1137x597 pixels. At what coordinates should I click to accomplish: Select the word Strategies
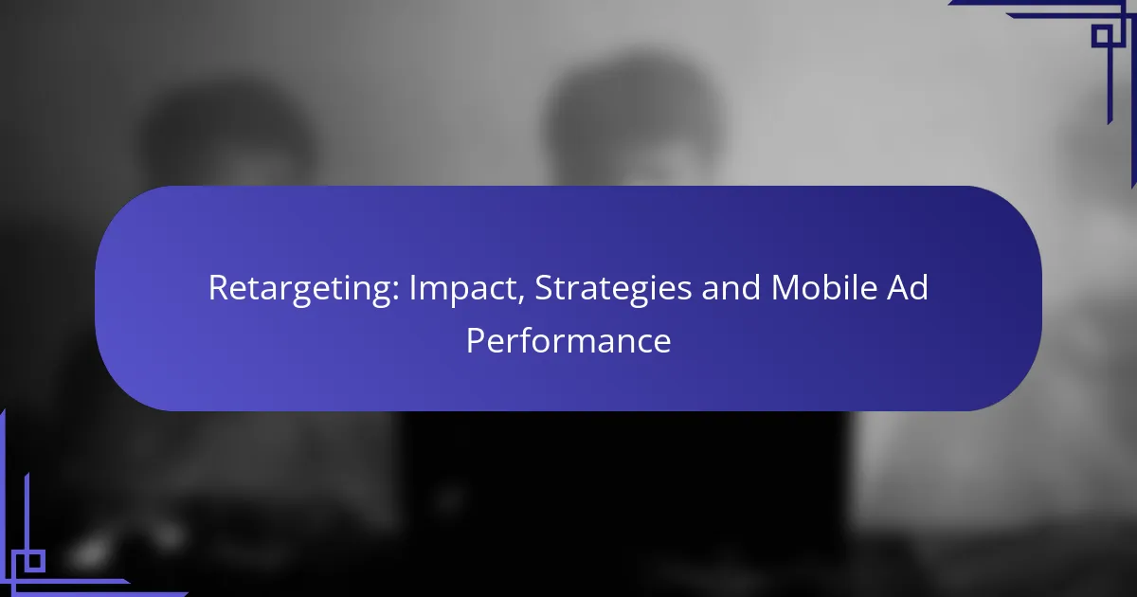coord(613,289)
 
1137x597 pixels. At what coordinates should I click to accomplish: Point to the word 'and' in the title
coord(731,287)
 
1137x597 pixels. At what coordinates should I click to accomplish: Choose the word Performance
coord(568,341)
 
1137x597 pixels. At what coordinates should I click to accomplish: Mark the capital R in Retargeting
coord(219,288)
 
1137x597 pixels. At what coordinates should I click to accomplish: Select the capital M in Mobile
coord(785,288)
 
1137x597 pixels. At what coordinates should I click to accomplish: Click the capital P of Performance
coord(475,340)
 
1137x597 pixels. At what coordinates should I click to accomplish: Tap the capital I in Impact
coord(412,288)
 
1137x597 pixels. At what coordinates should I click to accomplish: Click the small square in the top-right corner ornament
coord(1103,36)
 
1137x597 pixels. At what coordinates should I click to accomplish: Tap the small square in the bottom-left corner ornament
coord(34,561)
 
